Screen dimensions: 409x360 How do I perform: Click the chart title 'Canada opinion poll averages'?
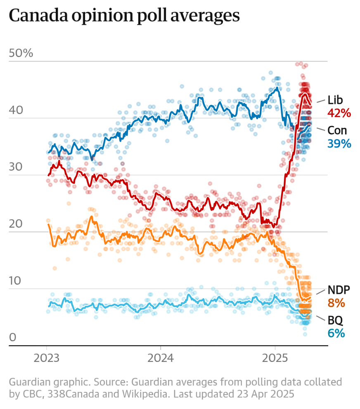tap(124, 16)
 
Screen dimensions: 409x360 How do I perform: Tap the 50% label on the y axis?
tap(21, 54)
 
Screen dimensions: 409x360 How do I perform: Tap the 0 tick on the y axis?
tap(12, 338)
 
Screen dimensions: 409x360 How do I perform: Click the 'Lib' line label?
tap(335, 100)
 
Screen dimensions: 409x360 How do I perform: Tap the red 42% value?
tap(339, 113)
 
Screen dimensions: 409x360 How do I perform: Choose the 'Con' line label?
tap(337, 131)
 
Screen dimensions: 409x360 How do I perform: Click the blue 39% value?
tap(339, 143)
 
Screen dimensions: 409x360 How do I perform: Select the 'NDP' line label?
tap(339, 290)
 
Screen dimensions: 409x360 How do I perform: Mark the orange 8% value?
tap(336, 303)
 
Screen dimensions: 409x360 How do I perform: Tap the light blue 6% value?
tap(336, 333)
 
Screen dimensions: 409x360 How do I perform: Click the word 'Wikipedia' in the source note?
tap(148, 394)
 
